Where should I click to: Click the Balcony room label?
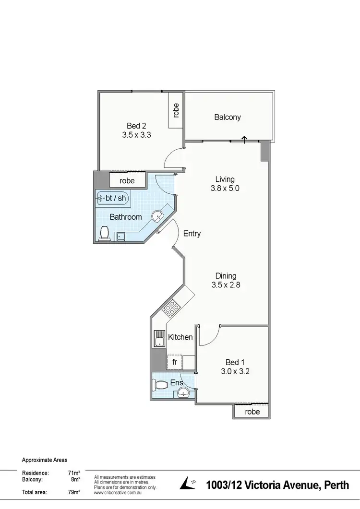[x=228, y=117]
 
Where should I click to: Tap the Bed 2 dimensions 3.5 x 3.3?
[x=137, y=135]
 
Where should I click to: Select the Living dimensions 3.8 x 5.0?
[x=225, y=189]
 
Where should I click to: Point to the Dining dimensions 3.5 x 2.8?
[x=226, y=284]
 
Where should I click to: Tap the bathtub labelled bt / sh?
[x=113, y=198]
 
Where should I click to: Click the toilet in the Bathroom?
[x=104, y=234]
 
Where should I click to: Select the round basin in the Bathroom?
[x=158, y=217]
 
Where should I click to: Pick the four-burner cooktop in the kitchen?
[x=171, y=308]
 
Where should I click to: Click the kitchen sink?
[x=159, y=339]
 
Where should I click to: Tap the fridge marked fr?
[x=175, y=362]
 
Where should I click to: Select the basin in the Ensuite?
[x=183, y=393]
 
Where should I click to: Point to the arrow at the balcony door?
[x=244, y=139]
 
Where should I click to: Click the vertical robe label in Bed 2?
[x=176, y=111]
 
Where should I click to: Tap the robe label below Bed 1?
[x=252, y=412]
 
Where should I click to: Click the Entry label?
[x=192, y=234]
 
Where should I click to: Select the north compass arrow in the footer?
[x=188, y=483]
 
